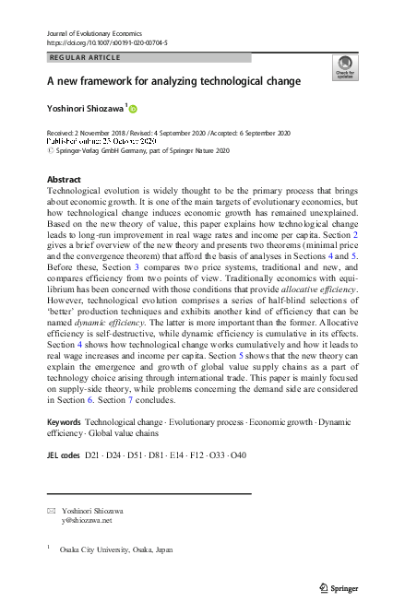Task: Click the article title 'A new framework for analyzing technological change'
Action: click(174, 81)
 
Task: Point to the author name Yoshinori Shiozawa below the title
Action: click(87, 109)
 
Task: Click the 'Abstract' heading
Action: click(63, 180)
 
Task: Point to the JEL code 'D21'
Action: click(94, 455)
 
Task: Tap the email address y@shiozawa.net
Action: click(87, 520)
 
